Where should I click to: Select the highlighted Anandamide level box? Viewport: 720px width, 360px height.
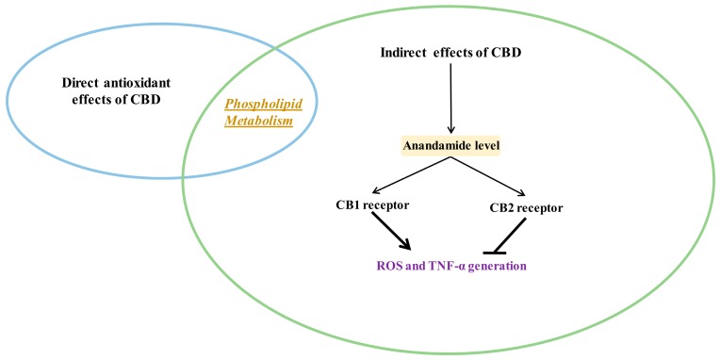pyautogui.click(x=452, y=147)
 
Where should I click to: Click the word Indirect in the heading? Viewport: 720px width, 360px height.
pyautogui.click(x=409, y=51)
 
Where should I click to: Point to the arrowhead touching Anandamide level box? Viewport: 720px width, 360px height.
pyautogui.click(x=451, y=131)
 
